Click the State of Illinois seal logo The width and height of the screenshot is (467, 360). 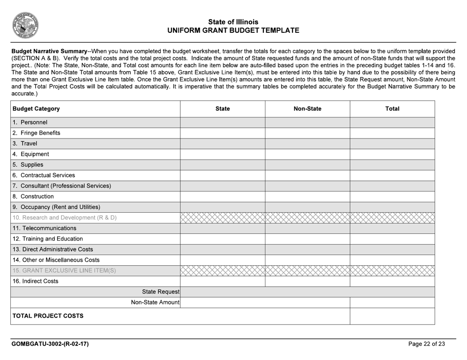click(26, 25)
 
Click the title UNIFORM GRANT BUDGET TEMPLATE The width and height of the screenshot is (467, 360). click(233, 30)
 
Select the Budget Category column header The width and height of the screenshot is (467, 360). click(36, 109)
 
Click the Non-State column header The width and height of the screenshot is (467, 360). click(307, 109)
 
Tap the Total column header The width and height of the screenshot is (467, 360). click(392, 109)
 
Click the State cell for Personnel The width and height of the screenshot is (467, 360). click(223, 122)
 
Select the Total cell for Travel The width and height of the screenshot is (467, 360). click(392, 143)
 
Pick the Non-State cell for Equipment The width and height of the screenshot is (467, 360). click(307, 154)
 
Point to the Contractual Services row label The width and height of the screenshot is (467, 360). click(44, 175)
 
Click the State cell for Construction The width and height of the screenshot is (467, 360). click(223, 196)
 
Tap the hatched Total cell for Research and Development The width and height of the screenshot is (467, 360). click(392, 218)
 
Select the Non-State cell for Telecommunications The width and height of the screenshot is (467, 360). click(307, 228)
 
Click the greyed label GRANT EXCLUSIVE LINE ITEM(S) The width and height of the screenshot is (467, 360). click(64, 271)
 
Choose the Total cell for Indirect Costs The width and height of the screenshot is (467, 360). click(392, 281)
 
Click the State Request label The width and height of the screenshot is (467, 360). click(160, 292)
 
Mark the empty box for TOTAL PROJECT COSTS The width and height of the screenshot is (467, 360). click(392, 316)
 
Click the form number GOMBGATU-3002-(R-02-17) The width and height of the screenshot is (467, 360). click(50, 344)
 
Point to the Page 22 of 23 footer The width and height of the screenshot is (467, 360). click(426, 344)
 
